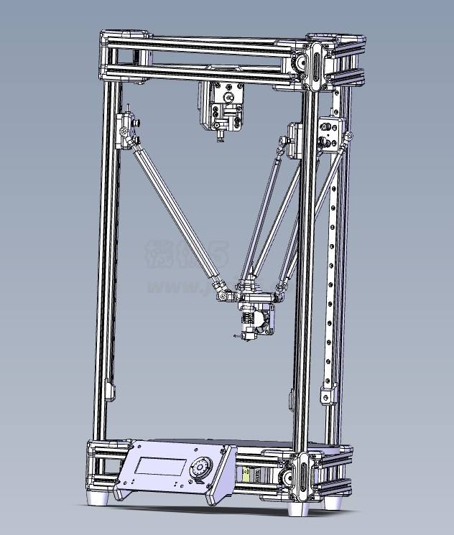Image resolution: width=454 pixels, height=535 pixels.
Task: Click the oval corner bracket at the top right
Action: point(314,65)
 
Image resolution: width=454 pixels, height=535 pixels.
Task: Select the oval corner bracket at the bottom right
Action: point(302,476)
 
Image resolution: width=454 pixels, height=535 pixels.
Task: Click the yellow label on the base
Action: point(249,475)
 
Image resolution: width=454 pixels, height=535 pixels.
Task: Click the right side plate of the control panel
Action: point(221,478)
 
